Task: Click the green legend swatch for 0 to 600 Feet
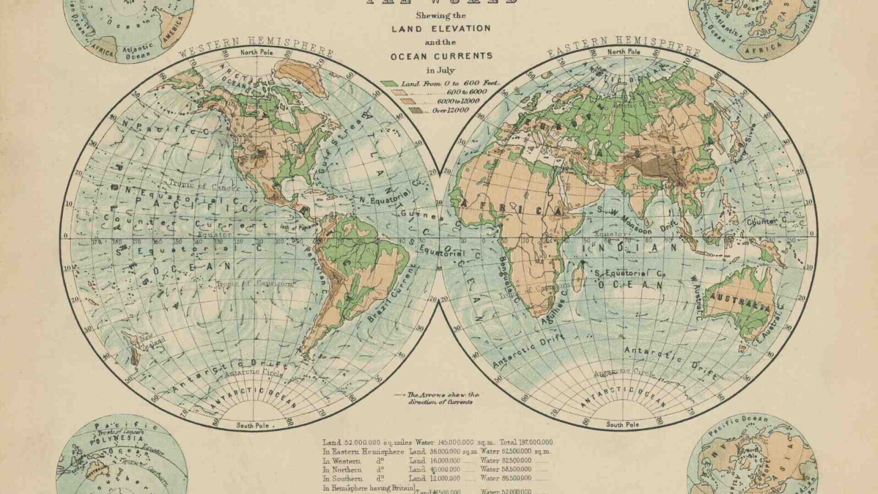[389, 84]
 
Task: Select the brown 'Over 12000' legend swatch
[415, 111]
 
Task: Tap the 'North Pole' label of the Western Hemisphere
[257, 52]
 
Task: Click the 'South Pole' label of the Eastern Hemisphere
[622, 424]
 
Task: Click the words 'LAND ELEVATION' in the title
[441, 28]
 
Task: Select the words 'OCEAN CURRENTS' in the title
[441, 56]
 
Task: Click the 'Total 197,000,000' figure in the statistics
[526, 442]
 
